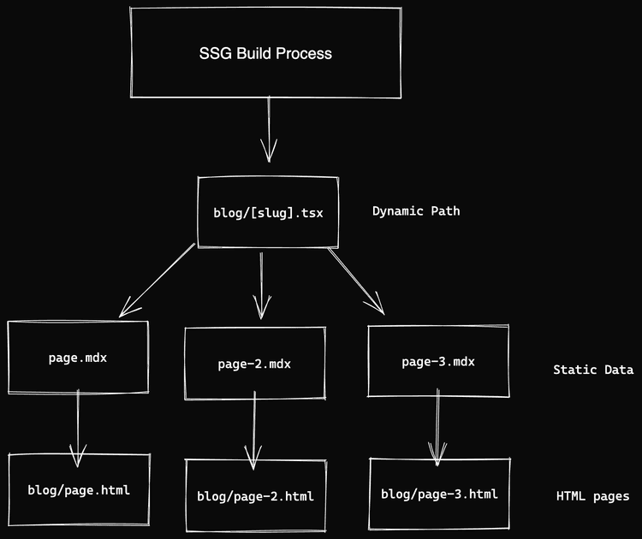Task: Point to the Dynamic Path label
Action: click(416, 211)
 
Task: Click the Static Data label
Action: click(592, 370)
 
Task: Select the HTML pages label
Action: click(592, 496)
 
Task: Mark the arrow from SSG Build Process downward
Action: click(269, 128)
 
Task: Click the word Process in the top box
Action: click(303, 53)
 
